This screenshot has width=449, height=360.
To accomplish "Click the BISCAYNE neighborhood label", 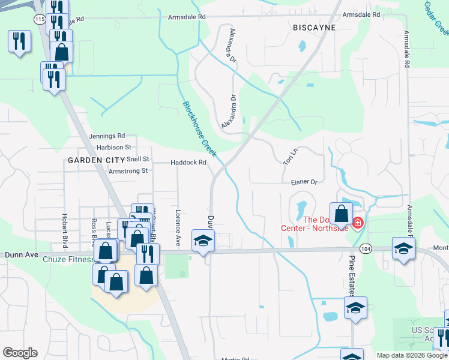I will click(x=314, y=28).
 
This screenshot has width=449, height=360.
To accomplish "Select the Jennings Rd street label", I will click(x=107, y=136).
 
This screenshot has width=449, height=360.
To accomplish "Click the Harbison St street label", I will click(x=113, y=147).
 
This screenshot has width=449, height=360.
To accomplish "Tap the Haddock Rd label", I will click(x=188, y=163).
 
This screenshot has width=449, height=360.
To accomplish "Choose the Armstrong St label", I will click(x=128, y=171).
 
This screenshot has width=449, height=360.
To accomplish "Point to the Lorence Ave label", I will click(x=178, y=227).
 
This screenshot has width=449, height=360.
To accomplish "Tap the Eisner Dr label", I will click(x=304, y=181).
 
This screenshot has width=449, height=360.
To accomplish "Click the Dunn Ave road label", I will click(x=17, y=254).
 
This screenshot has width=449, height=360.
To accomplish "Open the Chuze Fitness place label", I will click(x=68, y=260).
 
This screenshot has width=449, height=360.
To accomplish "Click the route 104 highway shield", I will click(x=364, y=248).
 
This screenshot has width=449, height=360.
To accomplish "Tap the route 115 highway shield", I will click(x=40, y=20).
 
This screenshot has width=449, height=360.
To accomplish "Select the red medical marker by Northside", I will click(x=358, y=223).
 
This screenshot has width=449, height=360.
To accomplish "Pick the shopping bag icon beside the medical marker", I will click(x=341, y=214).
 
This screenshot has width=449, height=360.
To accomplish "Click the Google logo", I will click(x=20, y=353).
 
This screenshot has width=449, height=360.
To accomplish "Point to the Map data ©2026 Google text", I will click(x=412, y=355).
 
